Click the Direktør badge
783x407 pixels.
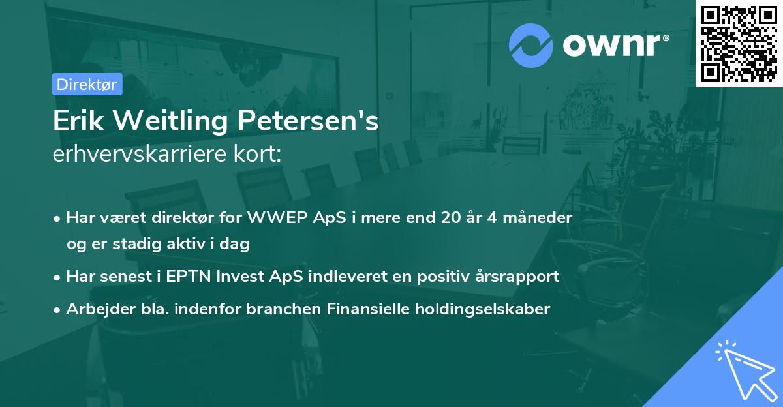[x=87, y=84]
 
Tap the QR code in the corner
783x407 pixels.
[x=739, y=43]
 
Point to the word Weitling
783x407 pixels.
[x=170, y=122]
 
